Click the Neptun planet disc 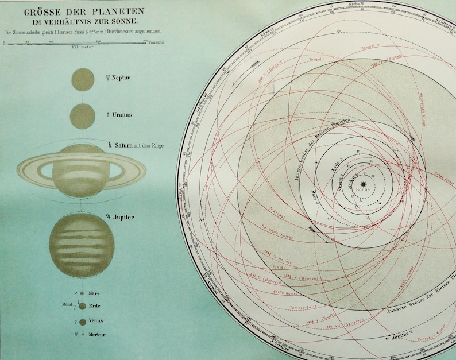tap(83, 79)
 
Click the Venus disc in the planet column tap(83, 322)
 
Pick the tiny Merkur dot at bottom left tap(83, 334)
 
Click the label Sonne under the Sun tap(363, 189)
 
